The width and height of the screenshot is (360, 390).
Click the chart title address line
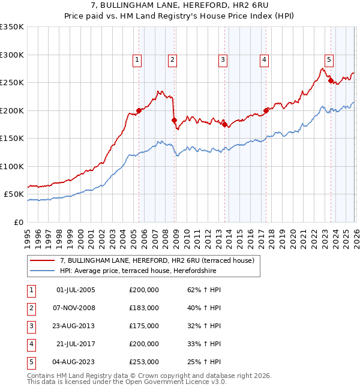tap(180, 5)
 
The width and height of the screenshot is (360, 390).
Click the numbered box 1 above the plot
tap(138, 59)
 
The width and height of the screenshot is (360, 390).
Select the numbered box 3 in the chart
tap(223, 59)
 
